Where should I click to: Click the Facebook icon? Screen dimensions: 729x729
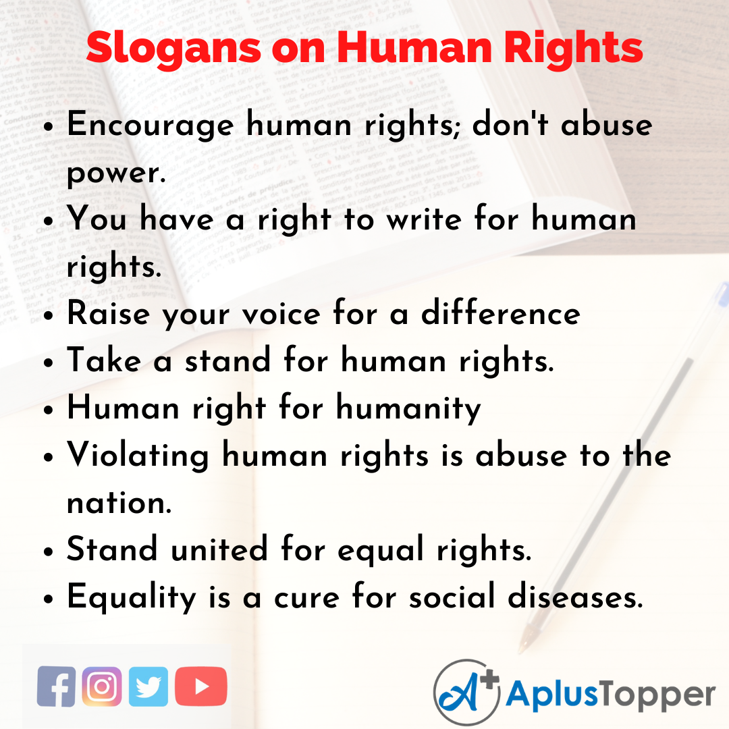tap(56, 686)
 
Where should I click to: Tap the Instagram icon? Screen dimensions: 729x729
tap(102, 686)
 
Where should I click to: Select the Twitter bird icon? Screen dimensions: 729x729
tap(148, 686)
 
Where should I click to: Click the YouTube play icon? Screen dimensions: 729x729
tap(201, 686)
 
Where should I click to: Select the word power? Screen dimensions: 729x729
tap(115, 173)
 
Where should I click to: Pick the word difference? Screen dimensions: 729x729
tap(500, 315)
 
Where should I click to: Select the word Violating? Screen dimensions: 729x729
tap(138, 456)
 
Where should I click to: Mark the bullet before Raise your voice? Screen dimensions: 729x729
tap(48, 316)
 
